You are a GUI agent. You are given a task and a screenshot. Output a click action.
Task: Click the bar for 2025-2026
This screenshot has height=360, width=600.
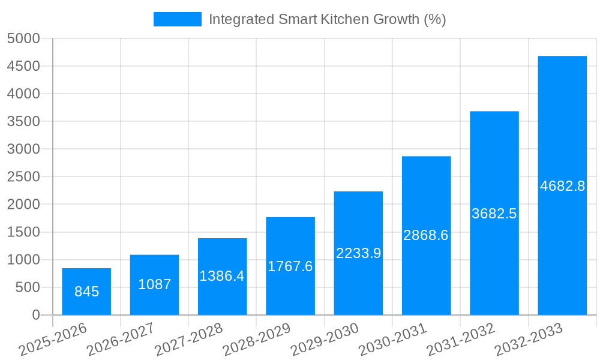tap(86, 292)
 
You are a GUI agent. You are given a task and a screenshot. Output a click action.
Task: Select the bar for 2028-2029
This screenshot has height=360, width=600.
tap(290, 266)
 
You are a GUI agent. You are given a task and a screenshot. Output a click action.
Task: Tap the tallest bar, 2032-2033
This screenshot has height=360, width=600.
tap(562, 185)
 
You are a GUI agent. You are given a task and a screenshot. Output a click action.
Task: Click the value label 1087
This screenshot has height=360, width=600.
tap(154, 284)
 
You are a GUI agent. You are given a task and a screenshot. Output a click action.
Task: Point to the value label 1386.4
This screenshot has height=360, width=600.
tap(222, 276)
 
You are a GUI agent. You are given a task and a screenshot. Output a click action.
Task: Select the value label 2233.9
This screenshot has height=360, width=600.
tap(358, 253)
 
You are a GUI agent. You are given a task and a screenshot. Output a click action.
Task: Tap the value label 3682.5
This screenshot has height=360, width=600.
tap(494, 214)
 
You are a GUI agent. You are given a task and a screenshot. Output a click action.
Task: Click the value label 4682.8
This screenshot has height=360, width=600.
tap(562, 186)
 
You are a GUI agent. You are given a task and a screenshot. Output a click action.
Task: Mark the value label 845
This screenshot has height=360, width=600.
tap(86, 292)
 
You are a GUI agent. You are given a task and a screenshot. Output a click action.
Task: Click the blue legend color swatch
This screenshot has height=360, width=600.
tap(178, 19)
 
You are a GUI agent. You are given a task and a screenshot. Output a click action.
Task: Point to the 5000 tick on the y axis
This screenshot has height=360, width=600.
tap(23, 38)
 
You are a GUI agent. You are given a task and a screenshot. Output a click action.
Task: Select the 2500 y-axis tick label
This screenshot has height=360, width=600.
tap(23, 177)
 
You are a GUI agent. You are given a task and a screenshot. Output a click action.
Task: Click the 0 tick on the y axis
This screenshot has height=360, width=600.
tap(35, 315)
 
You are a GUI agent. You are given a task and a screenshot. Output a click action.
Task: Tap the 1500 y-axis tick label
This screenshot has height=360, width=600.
tap(23, 232)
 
